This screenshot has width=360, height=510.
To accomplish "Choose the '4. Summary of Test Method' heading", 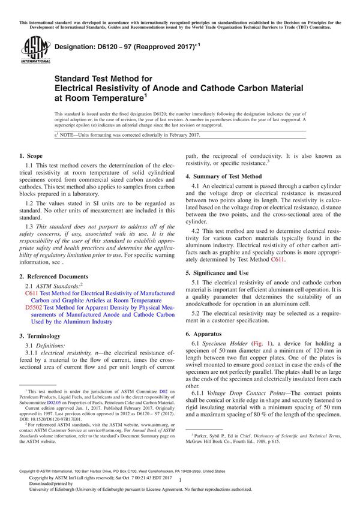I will [x=223, y=176].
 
